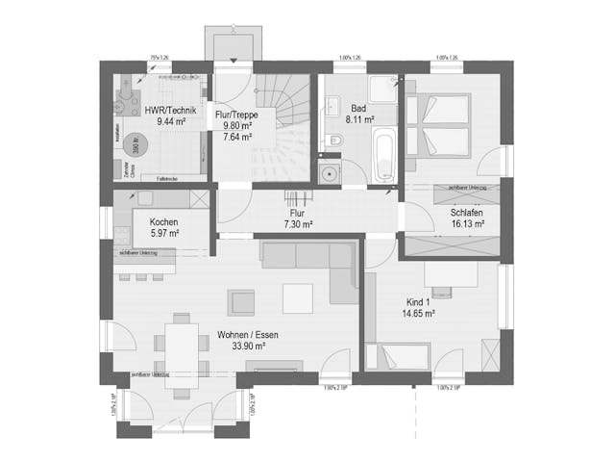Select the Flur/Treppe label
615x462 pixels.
point(235,114)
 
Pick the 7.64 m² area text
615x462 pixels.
point(236,137)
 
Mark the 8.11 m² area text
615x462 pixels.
point(358,122)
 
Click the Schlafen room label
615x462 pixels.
point(466,213)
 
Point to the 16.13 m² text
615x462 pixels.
point(467,224)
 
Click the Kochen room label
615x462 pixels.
point(163,221)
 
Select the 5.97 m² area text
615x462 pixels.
point(164,233)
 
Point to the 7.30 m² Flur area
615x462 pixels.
point(299,223)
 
